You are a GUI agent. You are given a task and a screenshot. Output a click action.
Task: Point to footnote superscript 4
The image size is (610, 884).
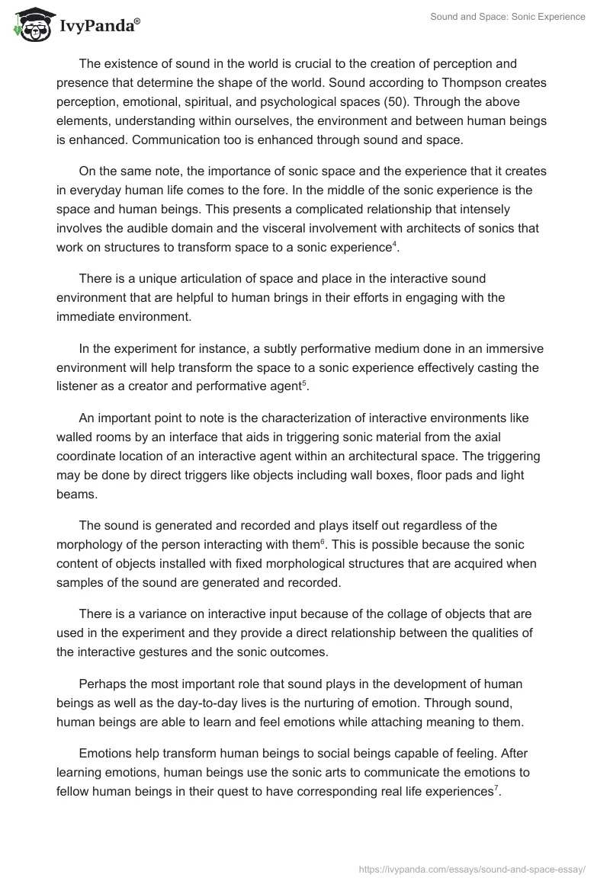(x=394, y=243)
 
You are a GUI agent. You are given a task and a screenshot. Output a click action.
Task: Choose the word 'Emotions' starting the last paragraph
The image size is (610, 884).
(x=106, y=734)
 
